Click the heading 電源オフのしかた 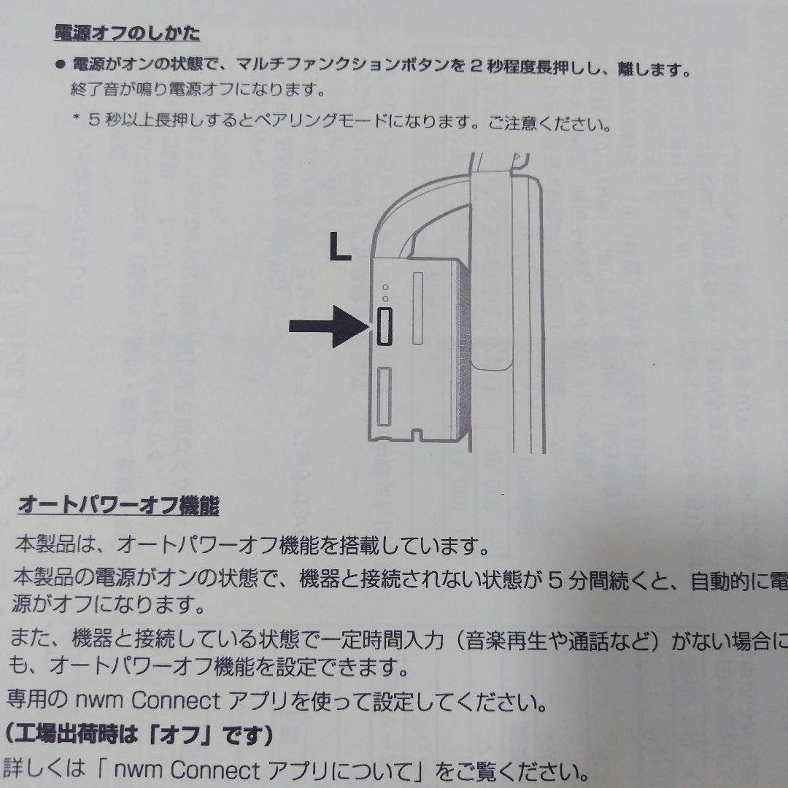[127, 33]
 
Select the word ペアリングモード [316, 122]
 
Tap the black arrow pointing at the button [327, 327]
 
